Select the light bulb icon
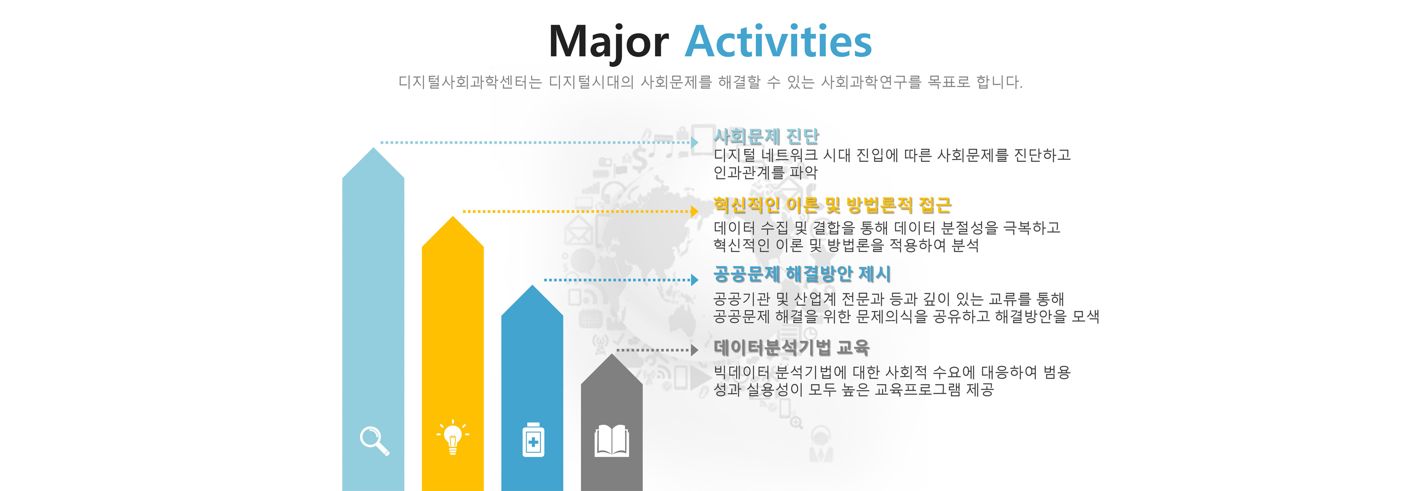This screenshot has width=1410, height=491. click(x=452, y=438)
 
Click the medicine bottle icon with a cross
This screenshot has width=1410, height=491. click(x=533, y=439)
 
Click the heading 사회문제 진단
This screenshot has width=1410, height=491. click(x=766, y=136)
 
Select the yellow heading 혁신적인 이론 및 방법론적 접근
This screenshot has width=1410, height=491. click(x=832, y=205)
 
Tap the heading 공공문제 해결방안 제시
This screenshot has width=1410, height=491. click(x=802, y=273)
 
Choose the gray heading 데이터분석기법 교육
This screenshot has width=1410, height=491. click(x=791, y=347)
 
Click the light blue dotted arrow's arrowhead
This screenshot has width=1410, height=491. click(x=695, y=142)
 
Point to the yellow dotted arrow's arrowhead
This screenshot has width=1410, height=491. click(x=695, y=211)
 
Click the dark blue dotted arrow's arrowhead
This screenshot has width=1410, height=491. click(x=695, y=280)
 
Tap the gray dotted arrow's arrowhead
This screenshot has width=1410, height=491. click(x=695, y=350)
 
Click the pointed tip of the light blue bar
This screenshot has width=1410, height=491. click(x=373, y=148)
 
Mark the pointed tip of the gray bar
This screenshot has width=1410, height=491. click(x=611, y=354)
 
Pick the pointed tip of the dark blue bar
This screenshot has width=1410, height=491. click(x=532, y=285)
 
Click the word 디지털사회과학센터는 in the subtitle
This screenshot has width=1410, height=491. click(x=470, y=82)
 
